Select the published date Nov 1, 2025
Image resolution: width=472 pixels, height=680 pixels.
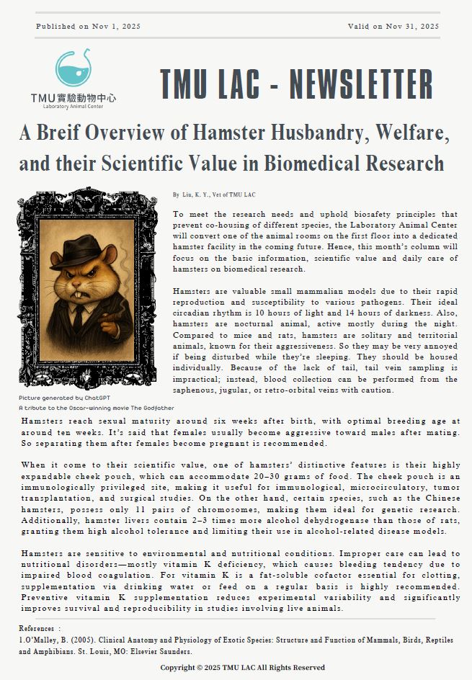click(x=116, y=27)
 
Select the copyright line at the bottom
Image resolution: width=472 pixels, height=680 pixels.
click(x=242, y=668)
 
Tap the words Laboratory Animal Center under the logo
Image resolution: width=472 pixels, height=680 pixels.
click(x=73, y=107)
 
